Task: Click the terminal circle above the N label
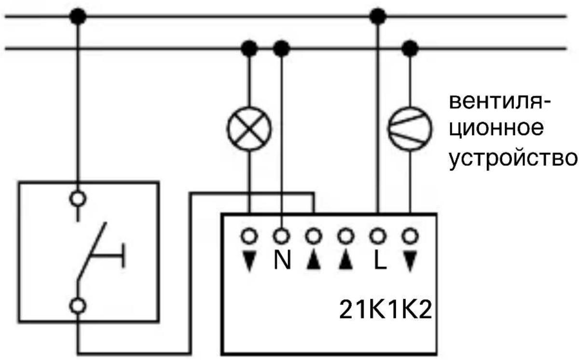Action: tap(281, 236)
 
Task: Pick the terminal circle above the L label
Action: tap(378, 236)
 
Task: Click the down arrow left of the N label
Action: tap(249, 261)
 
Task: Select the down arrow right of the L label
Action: tap(410, 261)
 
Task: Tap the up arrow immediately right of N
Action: tap(313, 261)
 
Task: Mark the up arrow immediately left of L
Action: tap(345, 261)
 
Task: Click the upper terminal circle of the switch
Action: tap(78, 198)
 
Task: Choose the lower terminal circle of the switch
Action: tap(78, 305)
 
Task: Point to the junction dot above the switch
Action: tap(78, 17)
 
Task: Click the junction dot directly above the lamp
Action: tap(249, 48)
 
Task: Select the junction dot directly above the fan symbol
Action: tap(410, 48)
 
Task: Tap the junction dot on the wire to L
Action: tap(378, 17)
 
